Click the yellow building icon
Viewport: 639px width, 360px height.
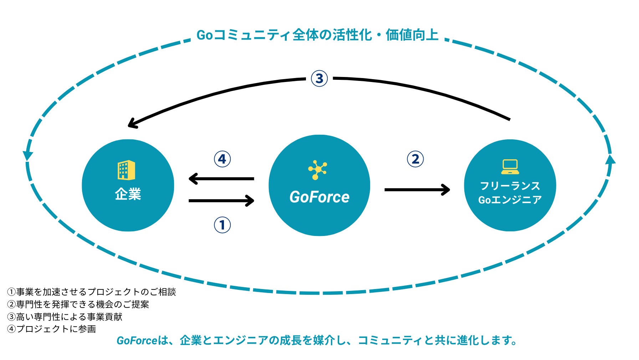tap(127, 170)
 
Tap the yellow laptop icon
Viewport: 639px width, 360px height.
tap(510, 167)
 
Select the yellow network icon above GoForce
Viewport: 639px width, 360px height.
tap(317, 170)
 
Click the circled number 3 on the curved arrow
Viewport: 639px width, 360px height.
tap(319, 78)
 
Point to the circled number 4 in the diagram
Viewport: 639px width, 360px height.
tap(222, 159)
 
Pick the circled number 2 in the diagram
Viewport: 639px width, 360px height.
tap(415, 159)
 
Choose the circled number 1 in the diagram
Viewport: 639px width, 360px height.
tap(222, 225)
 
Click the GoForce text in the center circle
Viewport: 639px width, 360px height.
tap(319, 197)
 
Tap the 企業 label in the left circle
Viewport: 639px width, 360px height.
tap(128, 194)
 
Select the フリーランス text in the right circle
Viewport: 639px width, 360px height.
tap(510, 186)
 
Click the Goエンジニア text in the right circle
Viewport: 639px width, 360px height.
tap(510, 200)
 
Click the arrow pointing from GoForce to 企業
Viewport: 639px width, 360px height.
tap(221, 179)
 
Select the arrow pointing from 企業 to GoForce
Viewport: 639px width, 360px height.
tap(221, 201)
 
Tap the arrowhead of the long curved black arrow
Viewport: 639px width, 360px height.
tap(132, 124)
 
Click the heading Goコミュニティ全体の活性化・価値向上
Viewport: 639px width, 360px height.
tap(317, 35)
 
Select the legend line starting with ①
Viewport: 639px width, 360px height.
tap(92, 292)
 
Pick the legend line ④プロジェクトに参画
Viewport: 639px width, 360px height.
tap(52, 329)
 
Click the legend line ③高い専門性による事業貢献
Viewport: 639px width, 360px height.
tap(65, 317)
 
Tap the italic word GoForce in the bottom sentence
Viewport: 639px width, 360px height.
tap(137, 341)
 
